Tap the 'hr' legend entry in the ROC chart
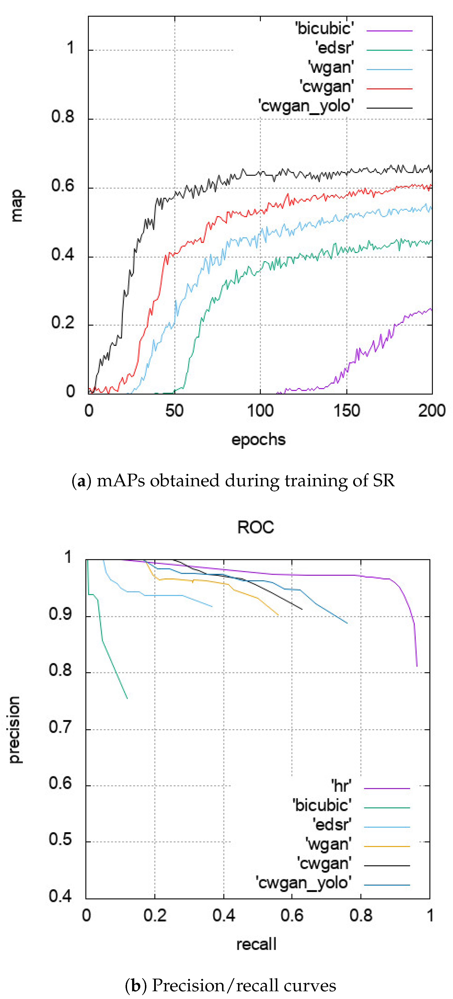[x=341, y=786]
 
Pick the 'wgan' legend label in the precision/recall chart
[x=328, y=844]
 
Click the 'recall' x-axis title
[x=256, y=944]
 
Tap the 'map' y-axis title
[x=16, y=205]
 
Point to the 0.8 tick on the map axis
[x=63, y=117]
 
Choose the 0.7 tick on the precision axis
[x=60, y=727]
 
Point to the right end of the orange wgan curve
[x=278, y=615]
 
